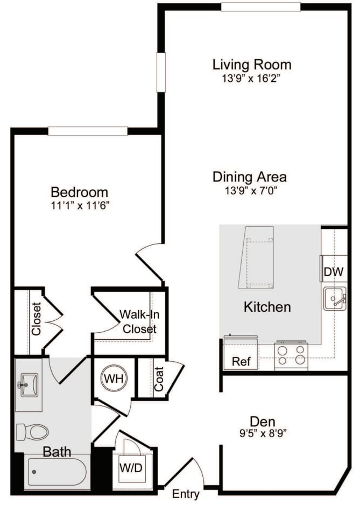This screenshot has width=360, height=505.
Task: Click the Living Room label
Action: point(252,65)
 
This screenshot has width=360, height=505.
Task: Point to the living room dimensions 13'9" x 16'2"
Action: point(252,79)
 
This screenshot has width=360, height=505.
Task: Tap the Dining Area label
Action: point(250,177)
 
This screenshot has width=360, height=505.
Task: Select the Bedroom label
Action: point(79,192)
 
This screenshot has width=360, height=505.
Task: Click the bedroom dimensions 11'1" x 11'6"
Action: point(80,205)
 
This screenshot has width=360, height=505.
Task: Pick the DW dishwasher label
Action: point(333,272)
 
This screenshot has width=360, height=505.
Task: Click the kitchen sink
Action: point(335,298)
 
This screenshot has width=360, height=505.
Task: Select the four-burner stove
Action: point(291,356)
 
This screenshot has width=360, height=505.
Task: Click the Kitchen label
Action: point(267,307)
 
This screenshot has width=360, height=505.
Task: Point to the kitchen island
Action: point(257,257)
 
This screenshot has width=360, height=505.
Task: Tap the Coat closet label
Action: point(160,379)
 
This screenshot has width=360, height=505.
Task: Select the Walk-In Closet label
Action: point(138,321)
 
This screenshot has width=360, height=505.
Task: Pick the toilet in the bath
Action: point(32,431)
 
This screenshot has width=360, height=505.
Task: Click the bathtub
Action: point(57,472)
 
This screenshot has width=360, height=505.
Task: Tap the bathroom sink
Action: point(28,385)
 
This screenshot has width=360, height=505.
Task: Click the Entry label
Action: point(186,494)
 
